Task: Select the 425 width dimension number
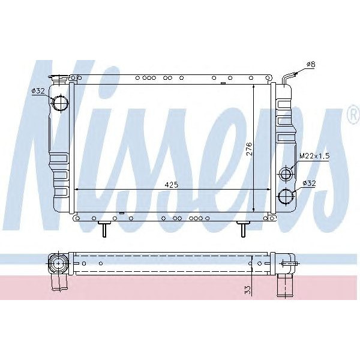(x=171, y=185)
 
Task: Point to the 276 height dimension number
(x=248, y=149)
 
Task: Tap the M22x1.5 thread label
(x=314, y=155)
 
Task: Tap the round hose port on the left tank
(x=61, y=103)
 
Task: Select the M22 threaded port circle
(x=286, y=175)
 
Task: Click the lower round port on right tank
(x=286, y=196)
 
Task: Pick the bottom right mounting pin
(x=244, y=229)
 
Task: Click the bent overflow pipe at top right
(x=287, y=78)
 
